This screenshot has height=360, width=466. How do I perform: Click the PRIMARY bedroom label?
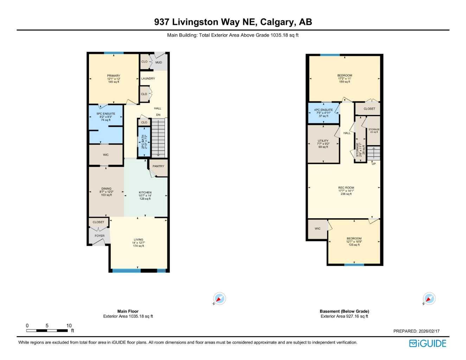pyautogui.click(x=114, y=76)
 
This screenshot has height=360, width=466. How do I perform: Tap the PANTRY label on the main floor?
pyautogui.click(x=158, y=166)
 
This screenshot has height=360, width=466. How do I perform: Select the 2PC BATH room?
pyautogui.click(x=144, y=141)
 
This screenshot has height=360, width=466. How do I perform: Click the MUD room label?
pyautogui.click(x=159, y=63)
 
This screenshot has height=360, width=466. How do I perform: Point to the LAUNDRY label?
pyautogui.click(x=148, y=79)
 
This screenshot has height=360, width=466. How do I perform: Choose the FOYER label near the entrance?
pyautogui.click(x=100, y=236)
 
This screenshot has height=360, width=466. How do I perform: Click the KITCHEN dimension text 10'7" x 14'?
pyautogui.click(x=145, y=196)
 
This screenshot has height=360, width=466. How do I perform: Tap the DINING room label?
pyautogui.click(x=106, y=189)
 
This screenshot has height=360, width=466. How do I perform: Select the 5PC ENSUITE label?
pyautogui.click(x=106, y=114)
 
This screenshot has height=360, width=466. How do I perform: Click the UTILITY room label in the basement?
pyautogui.click(x=323, y=141)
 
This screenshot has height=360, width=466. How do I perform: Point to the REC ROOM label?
pyautogui.click(x=346, y=188)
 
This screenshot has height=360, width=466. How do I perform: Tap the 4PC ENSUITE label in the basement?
pyautogui.click(x=323, y=110)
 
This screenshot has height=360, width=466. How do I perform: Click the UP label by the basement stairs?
pyautogui.click(x=374, y=164)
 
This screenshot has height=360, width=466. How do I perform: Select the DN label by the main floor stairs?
pyautogui.click(x=158, y=115)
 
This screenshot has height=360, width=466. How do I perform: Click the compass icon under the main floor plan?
pyautogui.click(x=219, y=299)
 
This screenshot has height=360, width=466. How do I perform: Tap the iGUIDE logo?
pyautogui.click(x=428, y=343)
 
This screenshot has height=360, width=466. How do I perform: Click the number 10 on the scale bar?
pyautogui.click(x=69, y=326)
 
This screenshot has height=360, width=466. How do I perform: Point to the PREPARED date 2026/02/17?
pyautogui.click(x=429, y=331)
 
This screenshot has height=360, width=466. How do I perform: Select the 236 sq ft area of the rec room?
pyautogui.click(x=346, y=194)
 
